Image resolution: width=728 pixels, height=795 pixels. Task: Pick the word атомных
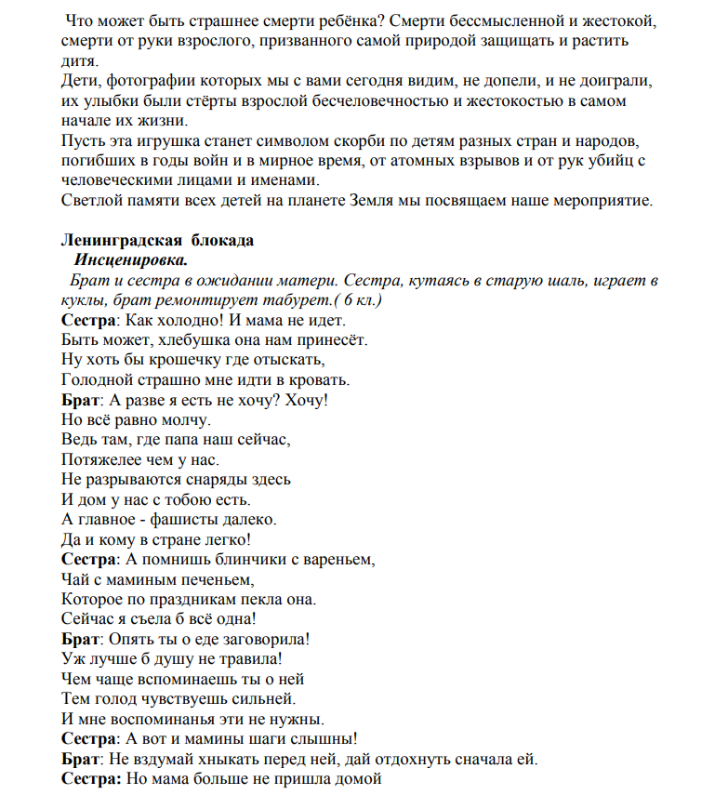440,161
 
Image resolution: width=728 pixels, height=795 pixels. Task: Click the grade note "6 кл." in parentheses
361,300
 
